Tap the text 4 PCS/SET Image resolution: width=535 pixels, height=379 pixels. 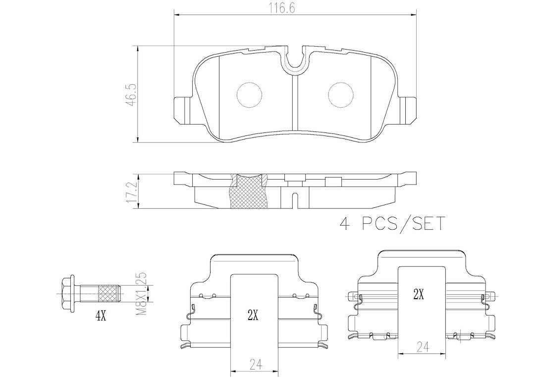point(392,224)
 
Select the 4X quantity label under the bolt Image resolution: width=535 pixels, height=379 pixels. point(101,317)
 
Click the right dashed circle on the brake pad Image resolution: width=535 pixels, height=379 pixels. point(340,95)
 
